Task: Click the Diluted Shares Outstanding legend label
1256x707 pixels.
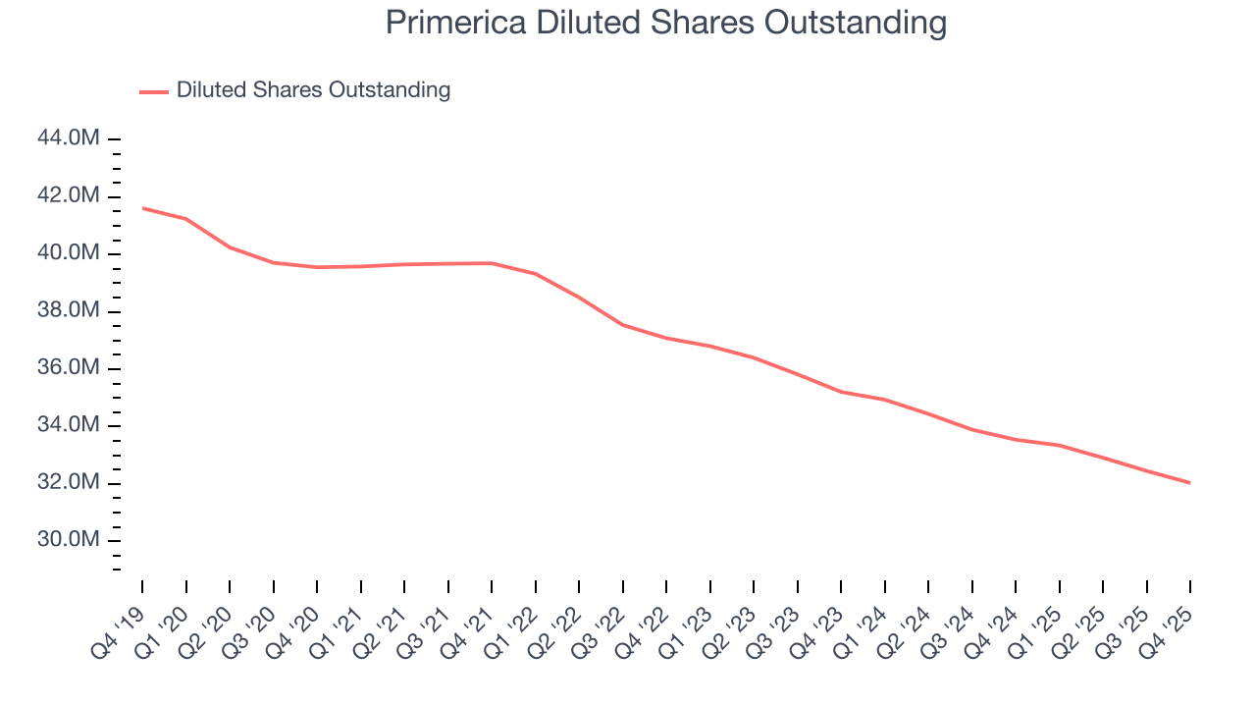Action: pyautogui.click(x=313, y=90)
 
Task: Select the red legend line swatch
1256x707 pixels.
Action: pyautogui.click(x=154, y=91)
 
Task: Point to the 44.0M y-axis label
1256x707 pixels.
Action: pyautogui.click(x=68, y=138)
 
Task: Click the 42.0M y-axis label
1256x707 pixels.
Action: pyautogui.click(x=68, y=196)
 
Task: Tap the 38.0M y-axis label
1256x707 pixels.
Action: pyautogui.click(x=68, y=311)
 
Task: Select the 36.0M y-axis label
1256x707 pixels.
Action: pyautogui.click(x=68, y=368)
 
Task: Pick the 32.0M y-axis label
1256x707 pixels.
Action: pyautogui.click(x=68, y=483)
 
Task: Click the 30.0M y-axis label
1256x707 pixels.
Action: pyautogui.click(x=68, y=540)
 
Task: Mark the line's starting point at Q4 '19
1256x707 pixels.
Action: pyautogui.click(x=142, y=208)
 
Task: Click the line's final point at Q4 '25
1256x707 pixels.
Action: pyautogui.click(x=1190, y=483)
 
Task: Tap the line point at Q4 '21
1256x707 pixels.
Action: pyautogui.click(x=492, y=263)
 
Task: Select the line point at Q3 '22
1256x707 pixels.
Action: pyautogui.click(x=623, y=325)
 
